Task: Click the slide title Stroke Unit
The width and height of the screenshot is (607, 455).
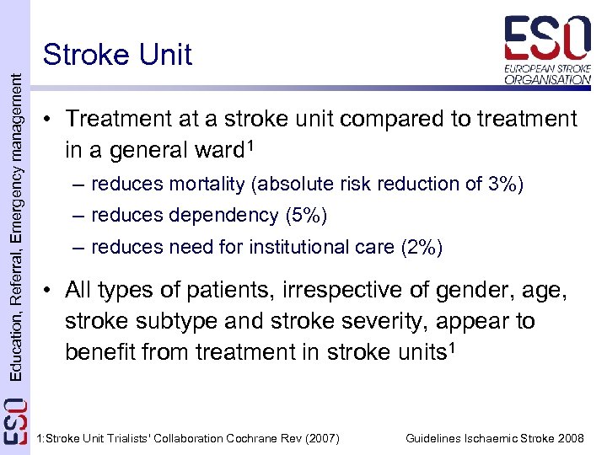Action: click(x=117, y=55)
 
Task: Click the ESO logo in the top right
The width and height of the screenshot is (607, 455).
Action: click(x=547, y=50)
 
